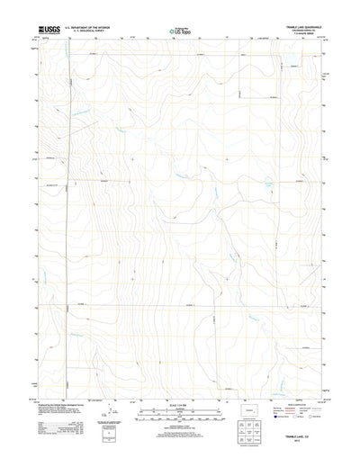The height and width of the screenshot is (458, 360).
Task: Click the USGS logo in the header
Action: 42,31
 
